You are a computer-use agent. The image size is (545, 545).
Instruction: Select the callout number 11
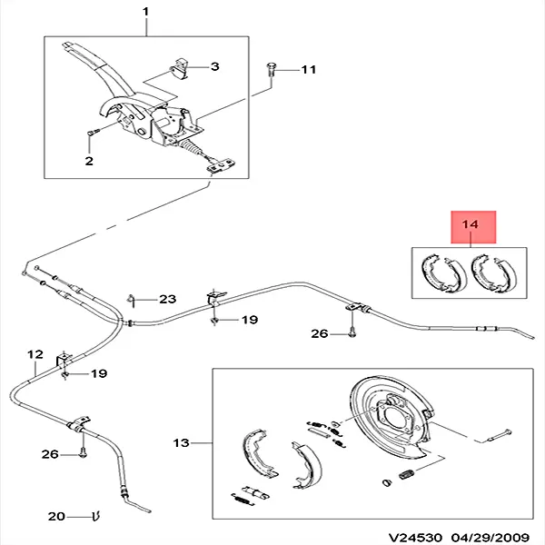pyautogui.click(x=308, y=69)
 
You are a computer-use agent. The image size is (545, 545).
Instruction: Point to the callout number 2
pyautogui.click(x=89, y=162)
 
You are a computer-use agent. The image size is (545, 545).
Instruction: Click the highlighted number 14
pyautogui.click(x=471, y=224)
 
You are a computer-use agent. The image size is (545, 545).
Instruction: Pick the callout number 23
pyautogui.click(x=168, y=299)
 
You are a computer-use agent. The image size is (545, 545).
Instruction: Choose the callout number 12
pyautogui.click(x=35, y=353)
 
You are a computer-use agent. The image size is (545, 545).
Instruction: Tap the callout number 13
pyautogui.click(x=182, y=442)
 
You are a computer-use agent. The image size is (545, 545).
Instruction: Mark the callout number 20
pyautogui.click(x=57, y=517)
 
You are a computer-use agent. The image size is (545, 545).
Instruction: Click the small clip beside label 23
pyautogui.click(x=133, y=299)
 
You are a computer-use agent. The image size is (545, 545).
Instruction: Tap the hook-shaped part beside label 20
pyautogui.click(x=95, y=517)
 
